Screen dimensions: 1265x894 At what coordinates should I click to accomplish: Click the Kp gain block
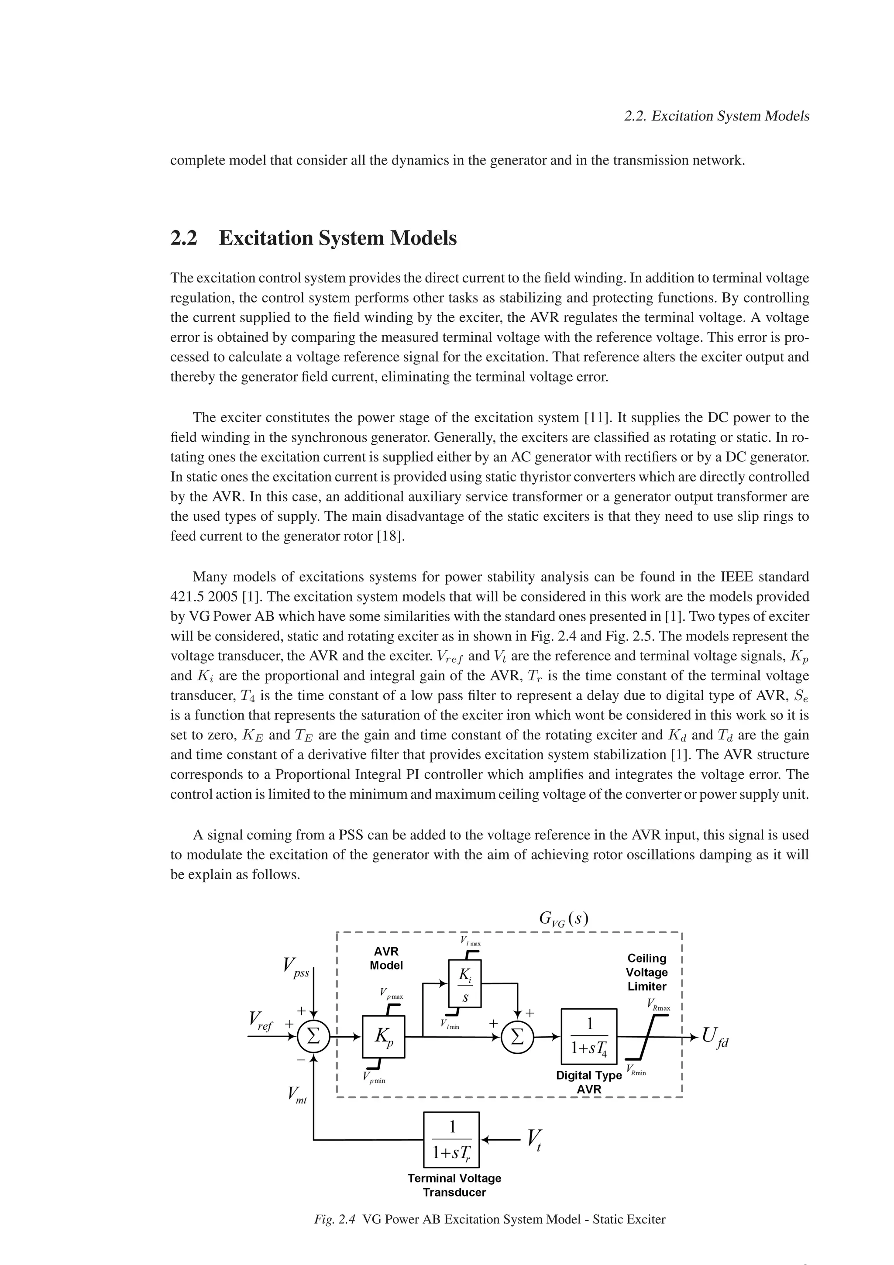(x=383, y=1037)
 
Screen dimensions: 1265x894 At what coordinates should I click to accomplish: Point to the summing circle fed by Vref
(x=313, y=1037)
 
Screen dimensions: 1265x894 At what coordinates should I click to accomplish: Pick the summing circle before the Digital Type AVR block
(x=517, y=1037)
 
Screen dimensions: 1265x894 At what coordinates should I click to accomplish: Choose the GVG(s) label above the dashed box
(x=563, y=919)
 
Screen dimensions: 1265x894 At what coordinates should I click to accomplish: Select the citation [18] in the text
(x=391, y=536)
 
